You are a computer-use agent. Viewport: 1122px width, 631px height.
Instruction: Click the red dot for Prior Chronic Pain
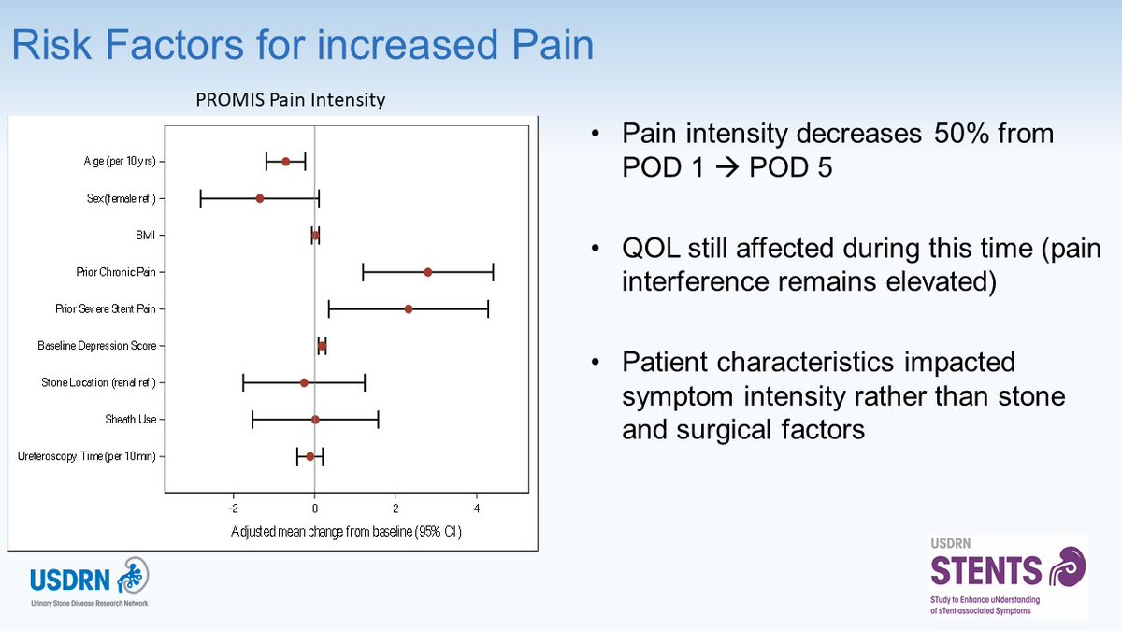point(427,272)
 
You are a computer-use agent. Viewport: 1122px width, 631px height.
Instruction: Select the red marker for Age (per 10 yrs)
point(285,162)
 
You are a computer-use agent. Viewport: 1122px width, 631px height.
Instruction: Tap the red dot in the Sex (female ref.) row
point(260,198)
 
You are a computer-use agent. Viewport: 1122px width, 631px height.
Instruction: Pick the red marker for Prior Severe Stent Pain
point(409,308)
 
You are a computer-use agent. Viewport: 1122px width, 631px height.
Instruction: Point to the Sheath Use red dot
point(315,420)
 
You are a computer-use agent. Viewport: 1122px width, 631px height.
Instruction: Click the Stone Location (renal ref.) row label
point(98,383)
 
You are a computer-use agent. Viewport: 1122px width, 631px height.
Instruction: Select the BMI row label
point(146,236)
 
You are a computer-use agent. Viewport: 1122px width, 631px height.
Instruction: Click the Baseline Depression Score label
point(96,346)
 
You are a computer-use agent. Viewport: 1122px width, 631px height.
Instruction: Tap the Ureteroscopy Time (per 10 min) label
point(87,456)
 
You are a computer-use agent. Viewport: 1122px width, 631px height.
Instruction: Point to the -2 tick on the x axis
point(233,509)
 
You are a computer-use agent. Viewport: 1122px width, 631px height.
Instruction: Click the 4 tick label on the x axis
point(477,509)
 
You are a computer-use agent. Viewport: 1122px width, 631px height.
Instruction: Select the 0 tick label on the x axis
point(315,509)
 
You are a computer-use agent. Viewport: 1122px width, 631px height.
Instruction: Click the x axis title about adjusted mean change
point(346,531)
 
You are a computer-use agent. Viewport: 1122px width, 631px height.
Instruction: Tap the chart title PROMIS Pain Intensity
point(290,98)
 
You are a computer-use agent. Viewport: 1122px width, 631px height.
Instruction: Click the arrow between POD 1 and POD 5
point(723,172)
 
